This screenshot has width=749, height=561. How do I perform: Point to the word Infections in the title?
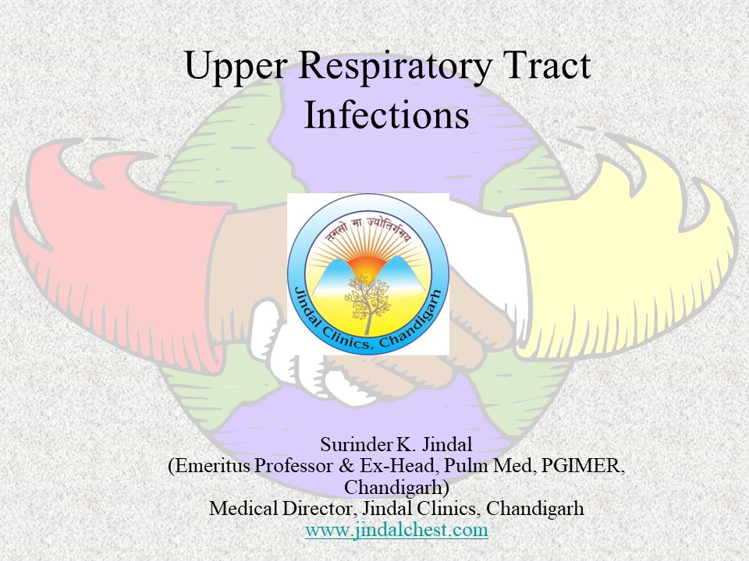(386, 115)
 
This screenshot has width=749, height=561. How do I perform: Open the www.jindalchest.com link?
(396, 530)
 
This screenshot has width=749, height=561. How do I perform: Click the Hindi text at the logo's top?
(369, 228)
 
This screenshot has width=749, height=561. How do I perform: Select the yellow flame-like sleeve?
(624, 257)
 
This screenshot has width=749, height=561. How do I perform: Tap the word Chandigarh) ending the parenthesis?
(396, 488)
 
